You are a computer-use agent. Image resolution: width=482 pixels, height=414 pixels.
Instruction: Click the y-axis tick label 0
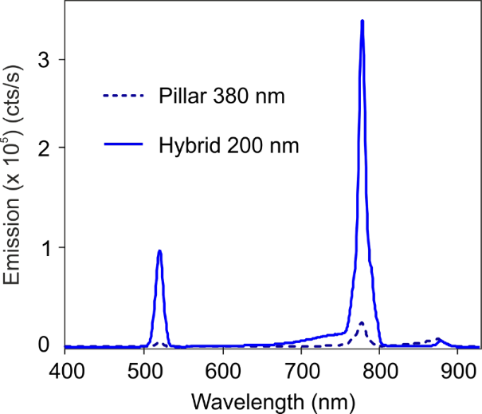[46, 345]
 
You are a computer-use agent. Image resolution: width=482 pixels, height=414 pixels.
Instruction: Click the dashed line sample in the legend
[123, 97]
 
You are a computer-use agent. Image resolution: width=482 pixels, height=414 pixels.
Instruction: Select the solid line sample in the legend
[123, 146]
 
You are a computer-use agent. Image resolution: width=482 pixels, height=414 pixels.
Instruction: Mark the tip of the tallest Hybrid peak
[362, 22]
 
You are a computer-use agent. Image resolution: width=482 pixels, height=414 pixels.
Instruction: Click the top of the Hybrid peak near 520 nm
[160, 251]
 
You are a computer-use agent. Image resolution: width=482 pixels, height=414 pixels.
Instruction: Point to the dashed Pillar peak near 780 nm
[362, 323]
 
